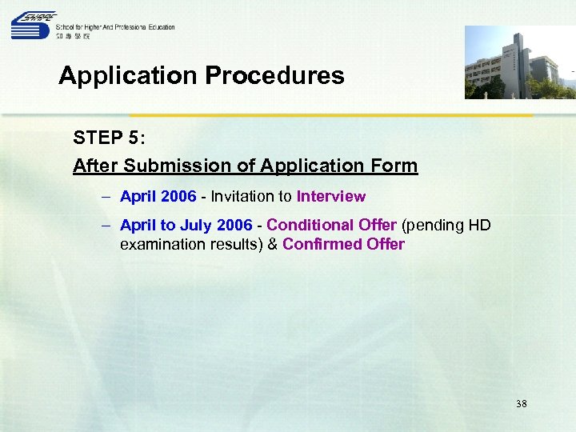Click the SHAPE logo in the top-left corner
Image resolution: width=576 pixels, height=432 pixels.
click(32, 26)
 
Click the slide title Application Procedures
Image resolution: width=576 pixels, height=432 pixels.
click(201, 75)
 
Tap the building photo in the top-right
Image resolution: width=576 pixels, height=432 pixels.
click(519, 62)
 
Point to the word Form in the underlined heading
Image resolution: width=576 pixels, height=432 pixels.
click(395, 166)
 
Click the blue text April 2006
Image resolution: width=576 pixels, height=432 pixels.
click(158, 196)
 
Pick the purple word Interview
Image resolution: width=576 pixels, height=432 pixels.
click(330, 196)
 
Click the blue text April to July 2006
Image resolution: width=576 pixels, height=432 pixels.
click(186, 226)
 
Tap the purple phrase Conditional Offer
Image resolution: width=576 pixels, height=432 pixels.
click(331, 226)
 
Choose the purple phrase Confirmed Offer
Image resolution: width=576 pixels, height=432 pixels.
click(343, 244)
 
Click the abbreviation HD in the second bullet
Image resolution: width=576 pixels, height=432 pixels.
click(478, 226)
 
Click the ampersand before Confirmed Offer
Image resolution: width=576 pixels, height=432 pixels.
click(272, 244)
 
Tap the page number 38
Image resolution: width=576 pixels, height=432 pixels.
click(521, 404)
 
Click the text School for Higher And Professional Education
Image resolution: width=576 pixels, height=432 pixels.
click(115, 27)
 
